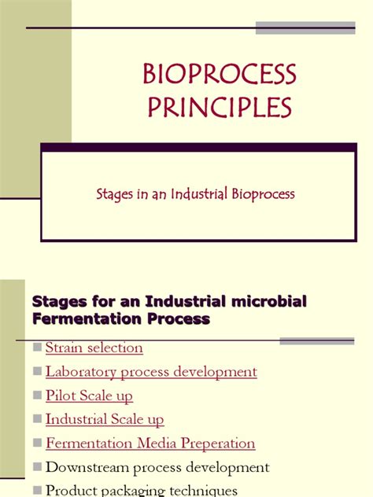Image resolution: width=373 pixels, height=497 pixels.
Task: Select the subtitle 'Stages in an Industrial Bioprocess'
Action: point(207,193)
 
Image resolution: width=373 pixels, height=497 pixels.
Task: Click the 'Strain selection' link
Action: point(94,348)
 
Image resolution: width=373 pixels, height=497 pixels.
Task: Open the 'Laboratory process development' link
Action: point(151,371)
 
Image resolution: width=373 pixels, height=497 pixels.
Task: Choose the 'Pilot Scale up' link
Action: point(89,396)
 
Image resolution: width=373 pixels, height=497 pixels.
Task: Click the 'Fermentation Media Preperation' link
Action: point(150,444)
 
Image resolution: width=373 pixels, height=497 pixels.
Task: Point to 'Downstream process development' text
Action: point(157,468)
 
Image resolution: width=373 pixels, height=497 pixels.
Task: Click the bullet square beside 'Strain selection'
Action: point(37,348)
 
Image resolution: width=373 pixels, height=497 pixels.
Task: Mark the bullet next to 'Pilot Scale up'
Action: point(37,396)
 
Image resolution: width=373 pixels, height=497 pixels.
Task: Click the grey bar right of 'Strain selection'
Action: point(316,341)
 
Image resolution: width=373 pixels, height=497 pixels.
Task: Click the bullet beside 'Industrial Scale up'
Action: point(37,421)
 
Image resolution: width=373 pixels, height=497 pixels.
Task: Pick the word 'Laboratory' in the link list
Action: point(78,371)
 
